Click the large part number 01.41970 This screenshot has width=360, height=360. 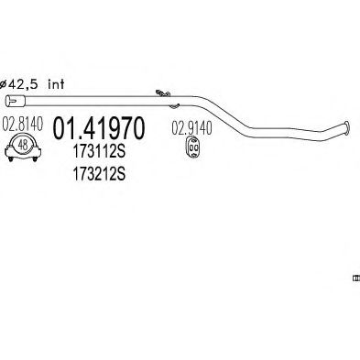coord(98,128)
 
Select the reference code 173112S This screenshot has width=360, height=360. coord(99,152)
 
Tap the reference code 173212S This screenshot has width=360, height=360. coord(99,174)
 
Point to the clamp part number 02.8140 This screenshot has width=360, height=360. coord(23,124)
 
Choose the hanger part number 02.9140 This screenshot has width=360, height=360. coord(191,128)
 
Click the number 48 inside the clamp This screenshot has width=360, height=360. coord(23,145)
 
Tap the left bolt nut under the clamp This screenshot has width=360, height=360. coord(11,159)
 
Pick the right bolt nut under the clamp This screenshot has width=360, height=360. coord(35,159)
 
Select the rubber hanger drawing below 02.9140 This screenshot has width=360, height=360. coord(192,147)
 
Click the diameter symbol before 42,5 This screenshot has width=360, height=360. coord(3,84)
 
